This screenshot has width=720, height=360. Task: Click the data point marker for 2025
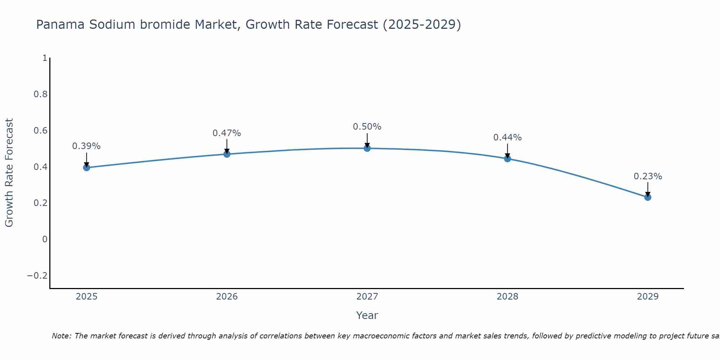(86, 167)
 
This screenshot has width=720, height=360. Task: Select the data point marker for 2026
(227, 154)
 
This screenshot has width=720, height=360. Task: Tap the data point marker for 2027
(367, 148)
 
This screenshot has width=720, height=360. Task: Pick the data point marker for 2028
(507, 159)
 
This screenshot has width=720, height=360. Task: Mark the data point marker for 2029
(648, 197)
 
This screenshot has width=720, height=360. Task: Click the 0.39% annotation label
(86, 146)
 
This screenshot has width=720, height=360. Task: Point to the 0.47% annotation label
(227, 133)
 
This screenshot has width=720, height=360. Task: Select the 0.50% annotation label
(367, 127)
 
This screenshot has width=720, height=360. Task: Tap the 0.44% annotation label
(507, 138)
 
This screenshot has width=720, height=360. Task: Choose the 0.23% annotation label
(648, 176)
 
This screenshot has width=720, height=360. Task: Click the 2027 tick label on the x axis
(367, 297)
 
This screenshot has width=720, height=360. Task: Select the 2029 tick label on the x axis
(648, 297)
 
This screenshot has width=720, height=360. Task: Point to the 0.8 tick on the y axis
(40, 94)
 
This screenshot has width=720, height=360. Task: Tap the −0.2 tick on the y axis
(37, 276)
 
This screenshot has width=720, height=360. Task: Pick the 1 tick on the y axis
(45, 58)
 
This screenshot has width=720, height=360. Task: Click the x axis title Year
(367, 315)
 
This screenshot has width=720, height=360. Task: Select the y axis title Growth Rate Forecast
(9, 173)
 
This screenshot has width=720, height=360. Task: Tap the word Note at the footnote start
(61, 336)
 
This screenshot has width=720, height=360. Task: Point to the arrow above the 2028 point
(507, 150)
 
